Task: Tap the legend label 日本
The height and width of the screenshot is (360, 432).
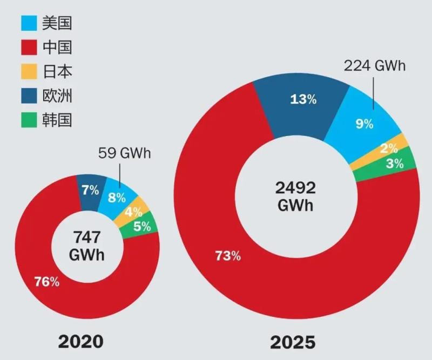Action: point(57,72)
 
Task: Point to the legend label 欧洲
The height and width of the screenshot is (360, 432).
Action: point(57,96)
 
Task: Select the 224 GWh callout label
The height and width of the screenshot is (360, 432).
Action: point(374,67)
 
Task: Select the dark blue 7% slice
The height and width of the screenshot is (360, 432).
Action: point(90,189)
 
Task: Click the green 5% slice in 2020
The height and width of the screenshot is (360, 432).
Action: point(143,226)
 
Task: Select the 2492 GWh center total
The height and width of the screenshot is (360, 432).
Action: point(295,196)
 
